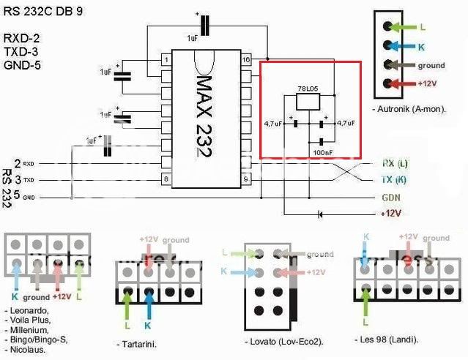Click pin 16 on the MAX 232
pos(247,59)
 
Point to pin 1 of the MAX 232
pos(168,59)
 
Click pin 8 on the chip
pos(168,179)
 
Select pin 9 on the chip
pos(247,179)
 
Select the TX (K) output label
pos(395,180)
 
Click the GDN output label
pos(391,198)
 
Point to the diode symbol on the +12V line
pos(319,214)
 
